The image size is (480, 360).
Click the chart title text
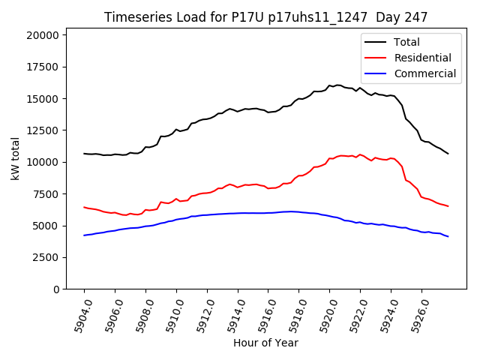click(265, 17)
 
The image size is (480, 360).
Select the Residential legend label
click(422, 58)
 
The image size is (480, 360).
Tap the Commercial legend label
click(424, 73)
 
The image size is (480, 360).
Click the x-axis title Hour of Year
click(265, 343)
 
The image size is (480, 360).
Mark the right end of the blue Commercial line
click(448, 236)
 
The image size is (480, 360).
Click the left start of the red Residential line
click(84, 207)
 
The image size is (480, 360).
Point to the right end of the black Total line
click(448, 154)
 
